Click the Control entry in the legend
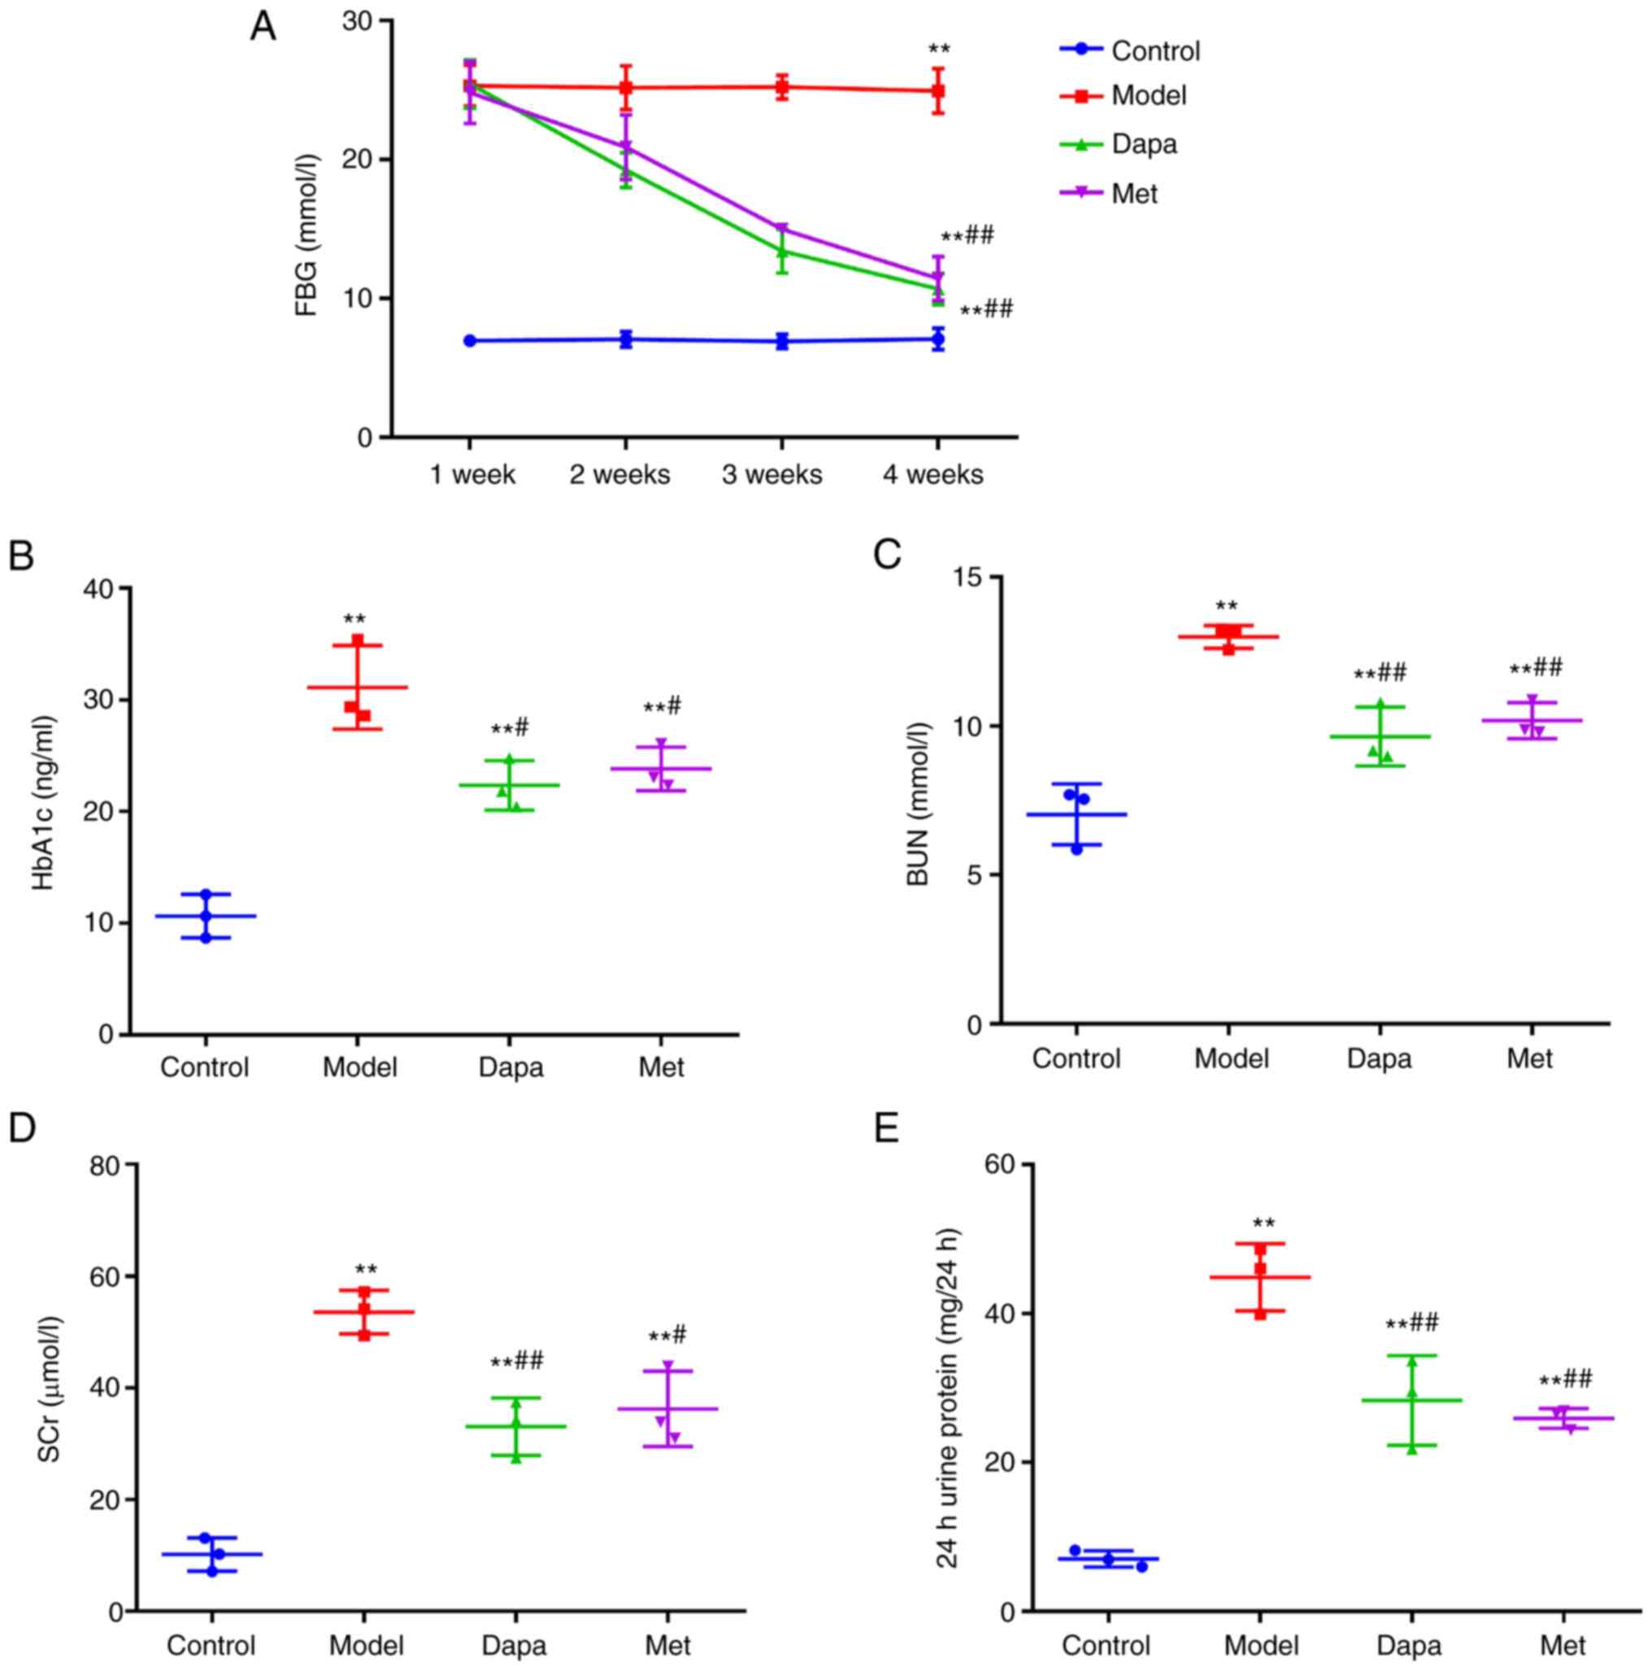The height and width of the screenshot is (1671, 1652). coord(1154,51)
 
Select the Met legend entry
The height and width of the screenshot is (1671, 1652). coord(1133,194)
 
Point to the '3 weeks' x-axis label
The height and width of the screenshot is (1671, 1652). coord(772,475)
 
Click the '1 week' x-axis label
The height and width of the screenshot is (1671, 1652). coord(472,475)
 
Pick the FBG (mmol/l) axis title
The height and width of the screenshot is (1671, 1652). coord(306,235)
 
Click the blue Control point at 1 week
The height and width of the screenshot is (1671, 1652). coord(469,341)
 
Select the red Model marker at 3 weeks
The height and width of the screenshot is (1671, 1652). coord(781,87)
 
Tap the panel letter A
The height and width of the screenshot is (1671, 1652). coord(263,28)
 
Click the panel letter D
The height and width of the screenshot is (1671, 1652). coord(22,1128)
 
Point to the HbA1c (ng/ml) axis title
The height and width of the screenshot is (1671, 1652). coord(43,804)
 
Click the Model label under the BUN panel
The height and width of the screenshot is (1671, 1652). coord(1231,1058)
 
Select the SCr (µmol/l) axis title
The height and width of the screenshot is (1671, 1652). coord(49,1389)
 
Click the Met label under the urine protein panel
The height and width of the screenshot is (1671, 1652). coord(1563,1644)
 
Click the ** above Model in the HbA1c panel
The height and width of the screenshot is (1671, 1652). coord(354,620)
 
